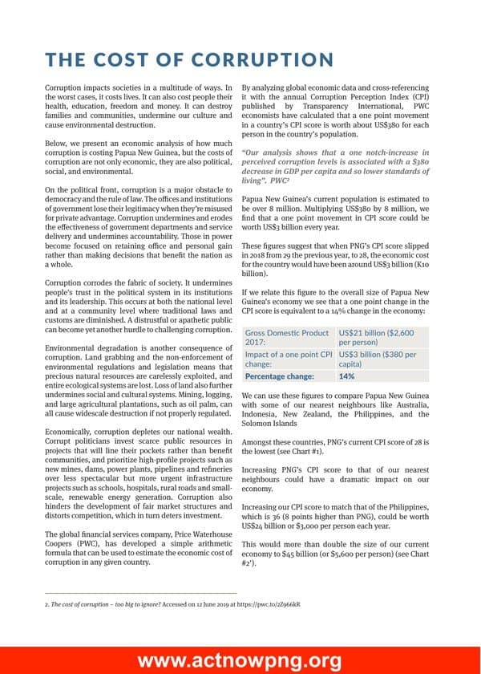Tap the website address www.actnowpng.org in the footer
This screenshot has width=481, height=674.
[x=240, y=660]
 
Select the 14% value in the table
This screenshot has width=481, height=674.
[x=347, y=376]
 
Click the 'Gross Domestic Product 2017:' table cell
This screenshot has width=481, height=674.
[x=287, y=337]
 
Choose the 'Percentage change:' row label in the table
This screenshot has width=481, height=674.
[x=279, y=376]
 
